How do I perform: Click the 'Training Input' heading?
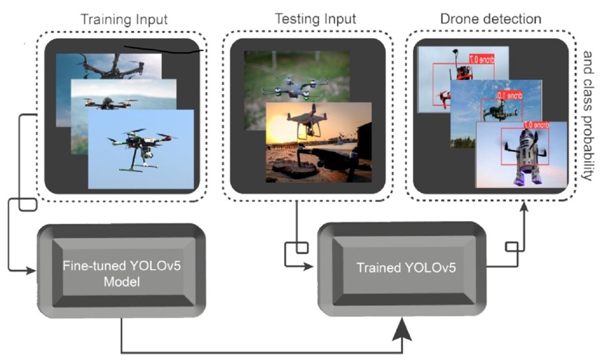tap(123, 19)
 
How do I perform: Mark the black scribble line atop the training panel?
tap(164, 48)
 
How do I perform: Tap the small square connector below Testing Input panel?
tap(300, 247)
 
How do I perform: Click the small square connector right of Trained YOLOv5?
tap(512, 247)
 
